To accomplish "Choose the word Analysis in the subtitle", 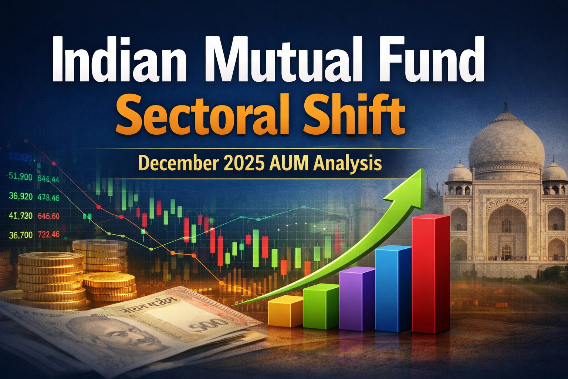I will pyautogui.click(x=348, y=164).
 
